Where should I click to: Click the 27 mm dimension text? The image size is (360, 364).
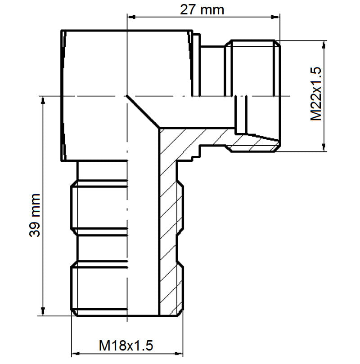(x=202, y=10)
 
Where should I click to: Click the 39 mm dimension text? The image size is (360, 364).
(x=35, y=215)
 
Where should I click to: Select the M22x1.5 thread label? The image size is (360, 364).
(x=316, y=94)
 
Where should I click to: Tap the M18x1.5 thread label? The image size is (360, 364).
(x=126, y=346)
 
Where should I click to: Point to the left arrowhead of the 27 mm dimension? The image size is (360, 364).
(x=131, y=17)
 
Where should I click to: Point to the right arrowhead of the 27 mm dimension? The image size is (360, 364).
(x=275, y=17)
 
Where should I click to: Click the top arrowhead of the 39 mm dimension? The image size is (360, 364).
(x=43, y=100)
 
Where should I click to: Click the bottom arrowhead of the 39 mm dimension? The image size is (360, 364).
(x=43, y=311)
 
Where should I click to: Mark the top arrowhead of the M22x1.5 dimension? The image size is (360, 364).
(x=324, y=45)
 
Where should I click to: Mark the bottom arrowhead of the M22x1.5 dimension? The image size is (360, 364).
(x=324, y=147)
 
